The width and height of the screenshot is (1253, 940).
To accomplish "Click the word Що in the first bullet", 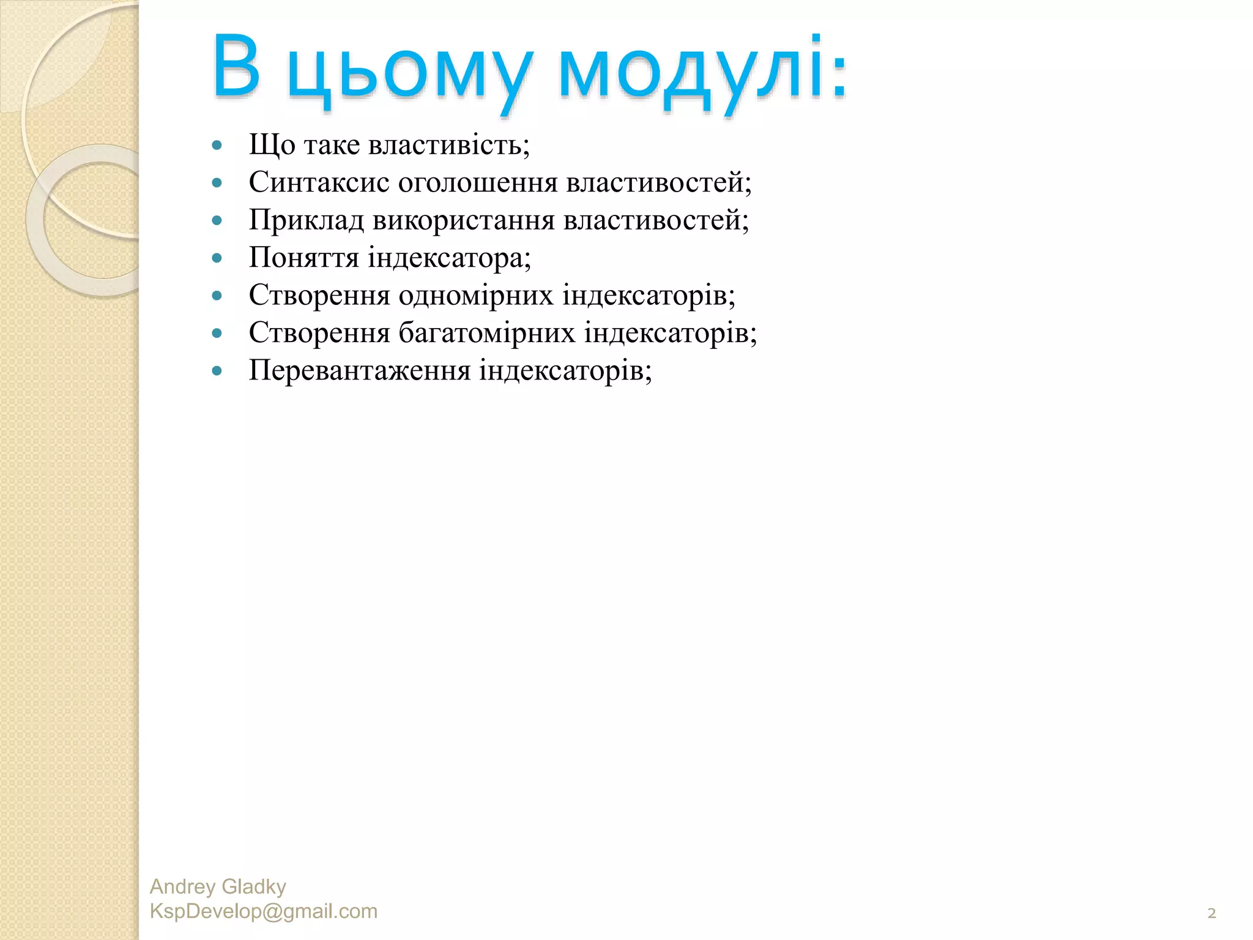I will (272, 146).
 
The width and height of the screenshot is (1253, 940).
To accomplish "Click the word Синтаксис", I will (319, 182).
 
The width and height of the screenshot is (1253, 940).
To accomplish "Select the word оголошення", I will (478, 183).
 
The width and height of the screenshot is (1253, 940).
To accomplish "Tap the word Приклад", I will (306, 220).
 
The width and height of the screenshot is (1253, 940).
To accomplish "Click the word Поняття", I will (303, 258).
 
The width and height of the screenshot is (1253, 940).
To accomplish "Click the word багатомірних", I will (487, 333).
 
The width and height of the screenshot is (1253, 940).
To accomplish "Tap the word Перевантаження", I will (359, 371).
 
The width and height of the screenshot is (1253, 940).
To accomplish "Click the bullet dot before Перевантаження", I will (217, 371).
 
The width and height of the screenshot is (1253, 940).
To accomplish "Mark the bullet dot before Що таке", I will (217, 146).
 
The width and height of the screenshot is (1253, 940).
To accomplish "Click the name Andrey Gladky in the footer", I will (218, 887).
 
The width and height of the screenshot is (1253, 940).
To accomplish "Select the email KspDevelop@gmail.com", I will (263, 911).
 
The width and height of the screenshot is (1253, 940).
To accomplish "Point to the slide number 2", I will (1211, 914).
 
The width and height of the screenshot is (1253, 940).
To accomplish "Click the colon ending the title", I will (839, 76).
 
